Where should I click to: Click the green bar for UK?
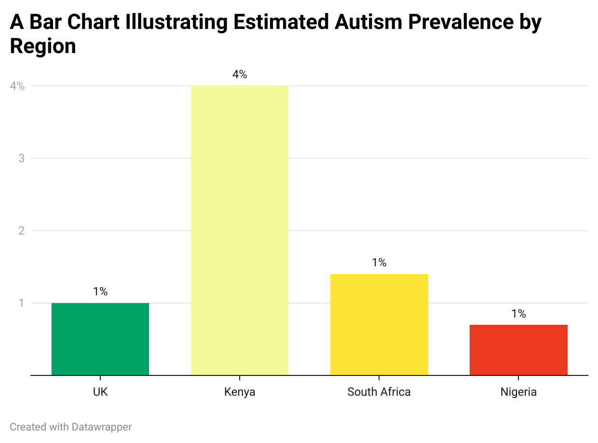[100, 339]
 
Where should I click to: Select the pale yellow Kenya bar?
[240, 230]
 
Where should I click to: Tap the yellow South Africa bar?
[379, 324]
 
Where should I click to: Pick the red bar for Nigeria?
[518, 350]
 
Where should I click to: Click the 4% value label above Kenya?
[240, 75]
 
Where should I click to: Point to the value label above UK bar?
[100, 292]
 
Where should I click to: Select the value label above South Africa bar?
[379, 263]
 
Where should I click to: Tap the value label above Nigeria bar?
[518, 314]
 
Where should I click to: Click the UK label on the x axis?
[100, 392]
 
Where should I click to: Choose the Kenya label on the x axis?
[240, 392]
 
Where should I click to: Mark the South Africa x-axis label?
[379, 392]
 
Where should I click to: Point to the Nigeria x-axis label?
[518, 392]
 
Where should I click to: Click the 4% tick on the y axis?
[17, 86]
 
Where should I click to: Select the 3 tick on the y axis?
[22, 158]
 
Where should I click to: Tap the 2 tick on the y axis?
[22, 231]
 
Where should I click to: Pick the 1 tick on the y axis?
[22, 303]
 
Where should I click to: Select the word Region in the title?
[43, 46]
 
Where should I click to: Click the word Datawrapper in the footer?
[102, 427]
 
